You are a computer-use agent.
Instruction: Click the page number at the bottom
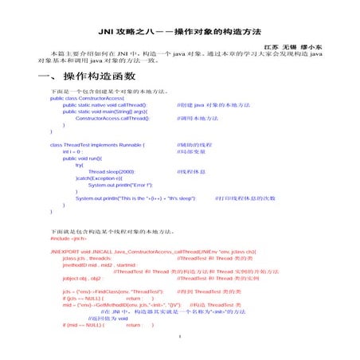(x=181, y=346)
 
